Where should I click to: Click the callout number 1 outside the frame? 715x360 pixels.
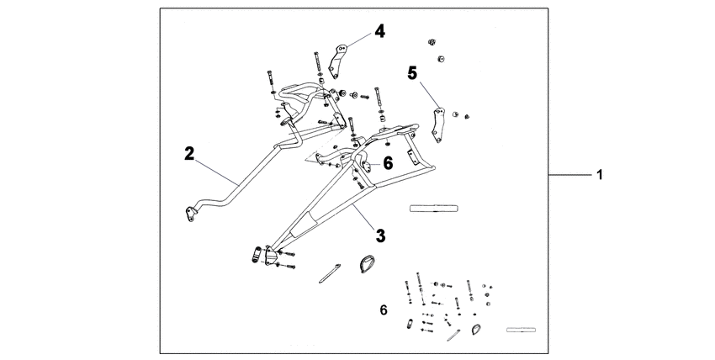(599, 177)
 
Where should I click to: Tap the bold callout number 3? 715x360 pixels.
(380, 236)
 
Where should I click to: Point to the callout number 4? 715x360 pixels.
(380, 32)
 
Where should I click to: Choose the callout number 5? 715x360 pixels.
(412, 74)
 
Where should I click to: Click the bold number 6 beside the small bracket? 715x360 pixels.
(388, 163)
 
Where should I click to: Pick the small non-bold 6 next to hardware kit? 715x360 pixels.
(384, 310)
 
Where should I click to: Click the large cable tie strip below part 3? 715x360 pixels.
(331, 271)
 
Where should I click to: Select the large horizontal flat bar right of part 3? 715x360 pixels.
(432, 207)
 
